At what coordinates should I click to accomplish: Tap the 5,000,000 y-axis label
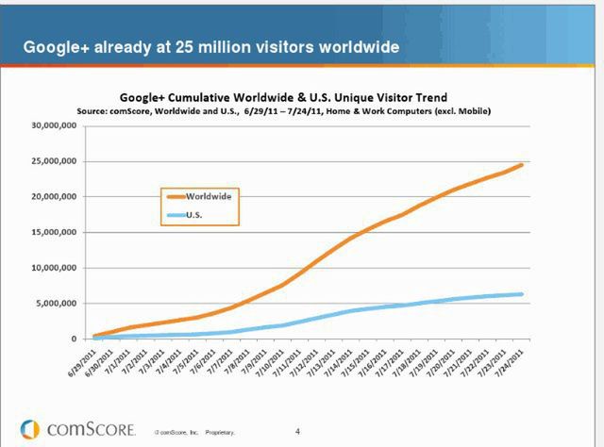(x=58, y=303)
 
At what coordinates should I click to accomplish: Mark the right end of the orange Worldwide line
(x=521, y=165)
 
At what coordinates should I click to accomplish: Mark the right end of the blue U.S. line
(x=521, y=294)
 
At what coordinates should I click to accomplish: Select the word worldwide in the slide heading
(x=348, y=46)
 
